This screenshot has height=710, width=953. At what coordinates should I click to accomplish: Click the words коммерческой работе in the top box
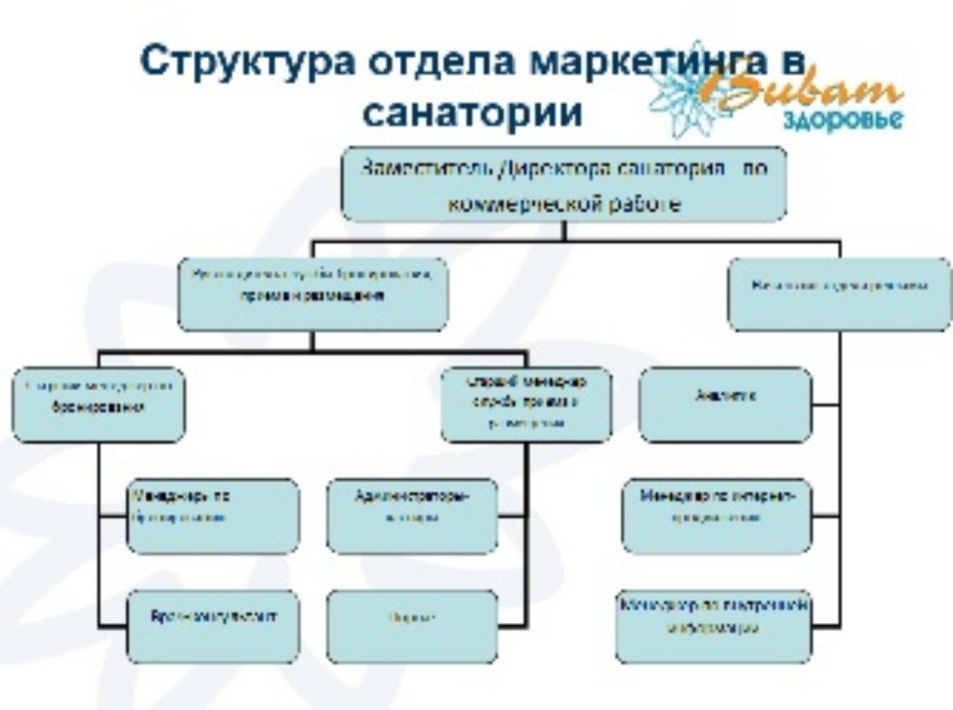563,204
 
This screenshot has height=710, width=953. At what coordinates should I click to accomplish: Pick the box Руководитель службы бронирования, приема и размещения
313,294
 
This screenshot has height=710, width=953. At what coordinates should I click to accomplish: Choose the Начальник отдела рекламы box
840,294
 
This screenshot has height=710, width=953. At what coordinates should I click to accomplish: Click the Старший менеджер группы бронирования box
99,405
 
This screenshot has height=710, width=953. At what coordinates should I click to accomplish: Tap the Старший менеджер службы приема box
527,405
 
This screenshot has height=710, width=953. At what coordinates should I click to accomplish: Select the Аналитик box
725,405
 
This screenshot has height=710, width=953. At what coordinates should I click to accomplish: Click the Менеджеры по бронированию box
213,516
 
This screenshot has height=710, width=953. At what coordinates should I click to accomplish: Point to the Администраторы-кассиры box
412,516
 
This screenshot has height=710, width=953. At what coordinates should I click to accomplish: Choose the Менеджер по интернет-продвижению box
717,516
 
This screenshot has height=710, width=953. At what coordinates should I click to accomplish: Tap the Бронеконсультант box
213,627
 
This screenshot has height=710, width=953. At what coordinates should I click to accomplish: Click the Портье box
412,627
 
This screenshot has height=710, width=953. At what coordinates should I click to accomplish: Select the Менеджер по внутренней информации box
714,627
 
